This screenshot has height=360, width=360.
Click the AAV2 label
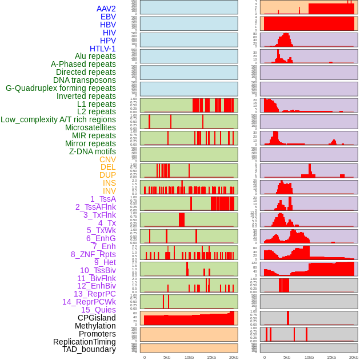[106, 9]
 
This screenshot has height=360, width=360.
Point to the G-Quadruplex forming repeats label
[61, 88]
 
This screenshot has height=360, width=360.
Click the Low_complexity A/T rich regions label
[58, 119]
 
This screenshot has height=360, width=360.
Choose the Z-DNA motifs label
[92, 151]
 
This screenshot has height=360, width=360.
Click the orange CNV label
[107, 159]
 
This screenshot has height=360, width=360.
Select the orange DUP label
[107, 175]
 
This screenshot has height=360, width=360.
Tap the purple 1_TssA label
[103, 199]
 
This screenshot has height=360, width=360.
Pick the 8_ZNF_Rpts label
[93, 254]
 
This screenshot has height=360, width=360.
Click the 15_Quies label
[98, 310]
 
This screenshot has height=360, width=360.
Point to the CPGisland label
[97, 318]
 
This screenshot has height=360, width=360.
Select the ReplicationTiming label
[84, 342]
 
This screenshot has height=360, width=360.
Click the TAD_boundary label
[89, 349]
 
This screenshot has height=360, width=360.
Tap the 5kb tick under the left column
[167, 357]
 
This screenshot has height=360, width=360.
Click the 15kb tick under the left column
[211, 357]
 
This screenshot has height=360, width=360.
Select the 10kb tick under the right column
[309, 357]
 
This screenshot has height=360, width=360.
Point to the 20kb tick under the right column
[354, 357]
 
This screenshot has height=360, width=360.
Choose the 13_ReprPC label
[94, 294]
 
